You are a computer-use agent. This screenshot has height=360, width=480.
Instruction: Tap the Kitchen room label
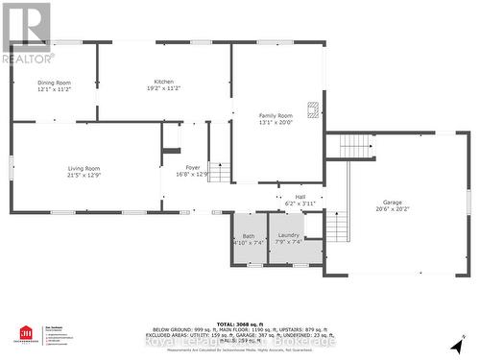coord(164,81)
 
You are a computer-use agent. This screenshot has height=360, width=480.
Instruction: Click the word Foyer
coord(192,168)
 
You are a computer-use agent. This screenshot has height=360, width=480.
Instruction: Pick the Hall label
coord(300,197)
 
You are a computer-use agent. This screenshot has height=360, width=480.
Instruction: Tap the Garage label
coord(392,202)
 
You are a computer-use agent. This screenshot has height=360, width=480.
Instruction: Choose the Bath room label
coord(248,235)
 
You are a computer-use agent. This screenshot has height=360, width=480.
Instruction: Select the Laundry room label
coord(288,234)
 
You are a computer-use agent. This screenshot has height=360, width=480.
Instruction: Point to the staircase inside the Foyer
coord(220,173)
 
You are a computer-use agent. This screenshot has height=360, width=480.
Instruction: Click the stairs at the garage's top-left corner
coord(353,146)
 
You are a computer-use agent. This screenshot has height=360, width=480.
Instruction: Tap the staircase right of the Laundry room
coord(336,227)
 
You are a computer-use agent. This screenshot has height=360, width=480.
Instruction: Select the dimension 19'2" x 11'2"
coord(164,88)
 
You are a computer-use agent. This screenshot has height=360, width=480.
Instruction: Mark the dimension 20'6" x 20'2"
coord(392,209)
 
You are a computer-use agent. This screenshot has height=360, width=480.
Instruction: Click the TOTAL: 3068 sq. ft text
coord(240,323)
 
